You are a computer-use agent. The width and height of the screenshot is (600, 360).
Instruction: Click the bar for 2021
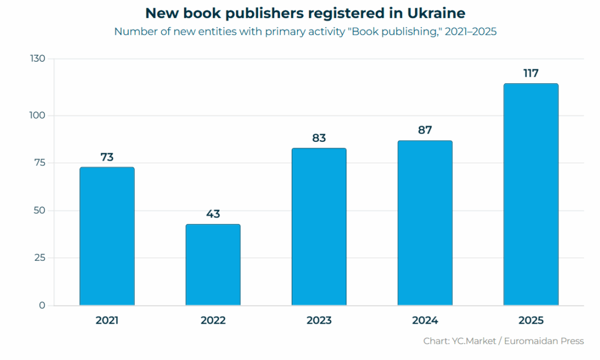click(x=107, y=236)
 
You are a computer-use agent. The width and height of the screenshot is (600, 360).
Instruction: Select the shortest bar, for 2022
click(x=213, y=264)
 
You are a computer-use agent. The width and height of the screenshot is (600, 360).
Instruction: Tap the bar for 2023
click(x=319, y=227)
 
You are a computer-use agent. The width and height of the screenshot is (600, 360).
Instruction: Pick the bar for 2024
click(x=425, y=223)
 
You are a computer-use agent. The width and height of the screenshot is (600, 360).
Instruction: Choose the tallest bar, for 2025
click(x=531, y=195)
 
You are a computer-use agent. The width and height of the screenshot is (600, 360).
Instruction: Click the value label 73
click(x=107, y=157)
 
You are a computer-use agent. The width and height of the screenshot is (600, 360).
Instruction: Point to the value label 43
click(x=213, y=214)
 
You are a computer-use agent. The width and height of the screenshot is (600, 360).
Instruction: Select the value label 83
click(x=319, y=138)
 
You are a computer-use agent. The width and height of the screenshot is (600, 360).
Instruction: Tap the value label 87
click(x=425, y=130)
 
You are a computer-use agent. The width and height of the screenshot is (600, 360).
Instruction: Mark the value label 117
click(x=531, y=73)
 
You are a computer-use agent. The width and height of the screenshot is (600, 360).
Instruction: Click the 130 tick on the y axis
click(x=37, y=59)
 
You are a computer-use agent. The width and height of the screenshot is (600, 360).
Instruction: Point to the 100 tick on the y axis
click(x=37, y=116)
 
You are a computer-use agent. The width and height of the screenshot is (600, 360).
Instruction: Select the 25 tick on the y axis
click(x=39, y=258)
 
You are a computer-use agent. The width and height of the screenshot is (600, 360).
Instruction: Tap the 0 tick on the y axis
click(x=42, y=305)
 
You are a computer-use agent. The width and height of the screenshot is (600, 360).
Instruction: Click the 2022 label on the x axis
click(x=213, y=321)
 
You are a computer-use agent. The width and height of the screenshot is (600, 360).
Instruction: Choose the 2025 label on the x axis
click(x=531, y=321)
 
